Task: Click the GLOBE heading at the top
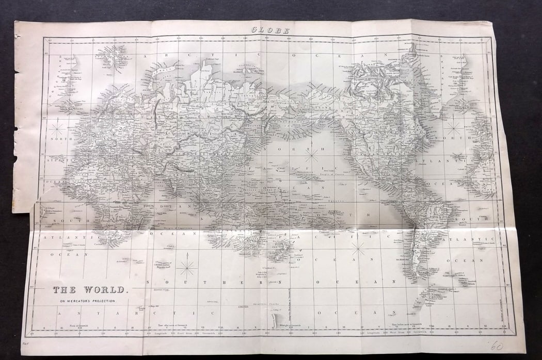pyautogui.click(x=270, y=30)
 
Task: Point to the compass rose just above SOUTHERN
pyautogui.click(x=187, y=267)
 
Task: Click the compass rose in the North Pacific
pyautogui.click(x=310, y=153)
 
